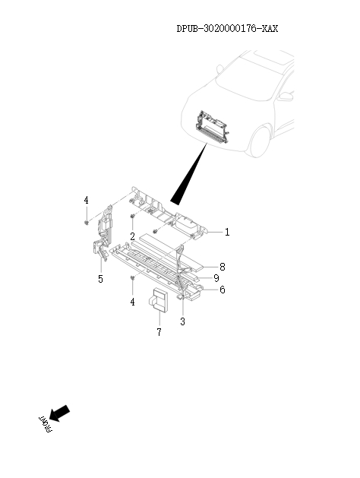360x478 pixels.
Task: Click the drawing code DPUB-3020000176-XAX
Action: click(227, 29)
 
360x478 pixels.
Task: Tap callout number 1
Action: click(226, 232)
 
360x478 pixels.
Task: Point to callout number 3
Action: click(182, 321)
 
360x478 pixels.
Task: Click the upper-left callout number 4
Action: click(87, 200)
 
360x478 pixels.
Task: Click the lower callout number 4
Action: click(132, 302)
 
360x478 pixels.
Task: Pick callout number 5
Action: click(100, 279)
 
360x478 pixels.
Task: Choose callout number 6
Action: click(222, 290)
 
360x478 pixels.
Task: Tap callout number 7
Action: click(159, 333)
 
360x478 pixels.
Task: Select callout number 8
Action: click(222, 267)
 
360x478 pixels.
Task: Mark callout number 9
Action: click(216, 278)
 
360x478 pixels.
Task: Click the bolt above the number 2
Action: click(132, 219)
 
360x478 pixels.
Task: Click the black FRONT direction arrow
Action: click(62, 413)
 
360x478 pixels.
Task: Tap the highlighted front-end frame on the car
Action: click(214, 126)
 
